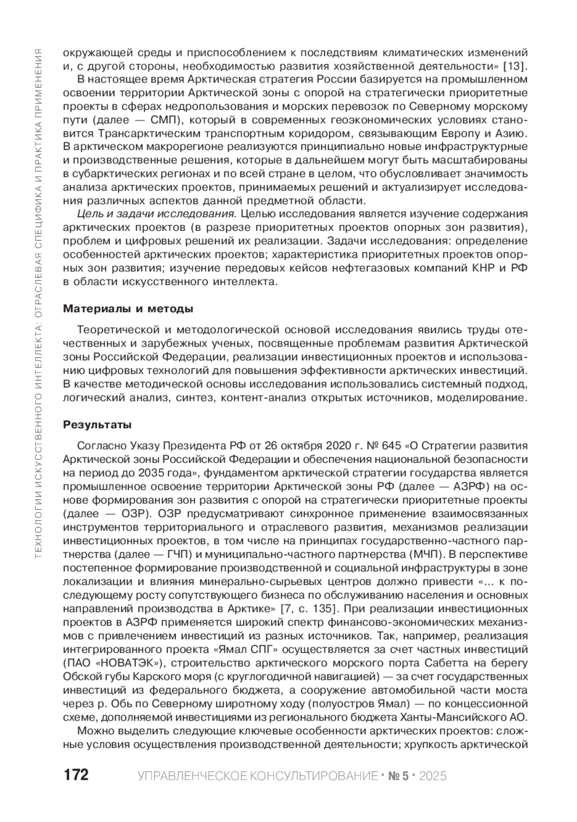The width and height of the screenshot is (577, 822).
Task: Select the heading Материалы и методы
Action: point(128,309)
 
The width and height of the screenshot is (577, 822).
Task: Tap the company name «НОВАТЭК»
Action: point(130,663)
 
